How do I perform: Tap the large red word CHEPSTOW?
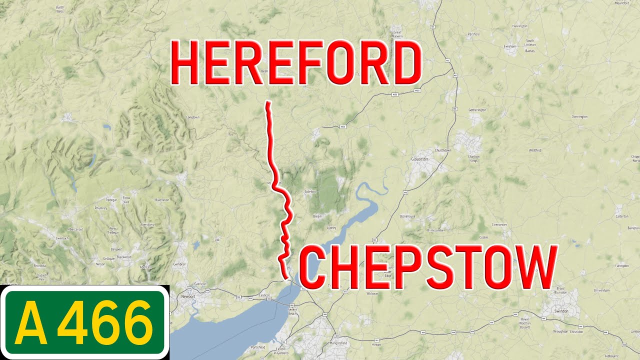tap(428, 267)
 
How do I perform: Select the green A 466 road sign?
tap(85, 322)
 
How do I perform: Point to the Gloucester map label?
tap(420, 159)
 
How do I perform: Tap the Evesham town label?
tap(510, 46)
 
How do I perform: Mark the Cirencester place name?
tap(499, 225)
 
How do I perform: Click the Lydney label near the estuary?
tap(331, 227)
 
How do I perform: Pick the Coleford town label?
tap(311, 191)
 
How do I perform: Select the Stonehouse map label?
tap(407, 216)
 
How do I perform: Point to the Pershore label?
tap(473, 34)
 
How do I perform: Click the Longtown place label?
tap(192, 117)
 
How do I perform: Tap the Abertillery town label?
tap(147, 225)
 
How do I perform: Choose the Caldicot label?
tap(264, 295)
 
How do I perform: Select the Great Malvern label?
tap(397, 34)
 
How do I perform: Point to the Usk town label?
tap(217, 240)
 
